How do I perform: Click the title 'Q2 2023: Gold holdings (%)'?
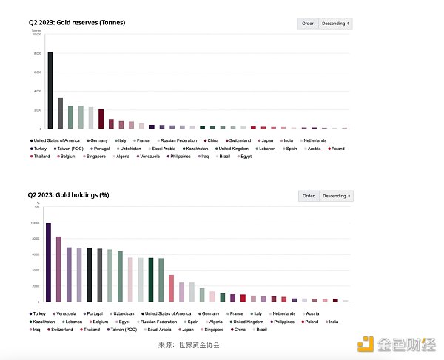[68, 195]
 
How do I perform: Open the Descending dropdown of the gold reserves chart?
[336, 24]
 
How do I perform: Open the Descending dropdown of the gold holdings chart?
[336, 196]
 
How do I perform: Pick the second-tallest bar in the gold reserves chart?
[60, 113]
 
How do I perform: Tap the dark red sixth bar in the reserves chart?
[101, 119]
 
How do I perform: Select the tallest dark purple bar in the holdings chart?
[48, 262]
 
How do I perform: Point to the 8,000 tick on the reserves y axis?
[36, 53]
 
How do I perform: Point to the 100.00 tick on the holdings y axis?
[34, 223]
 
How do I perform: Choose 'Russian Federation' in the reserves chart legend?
[178, 140]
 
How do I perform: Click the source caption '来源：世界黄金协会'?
[189, 345]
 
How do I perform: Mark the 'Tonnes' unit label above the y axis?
[36, 30]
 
